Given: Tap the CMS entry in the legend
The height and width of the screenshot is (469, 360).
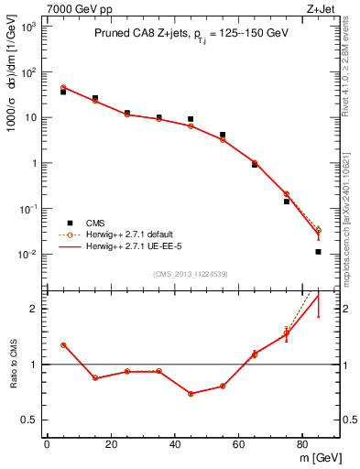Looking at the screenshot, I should [x=94, y=223].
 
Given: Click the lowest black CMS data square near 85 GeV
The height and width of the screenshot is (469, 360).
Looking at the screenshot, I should [x=318, y=251].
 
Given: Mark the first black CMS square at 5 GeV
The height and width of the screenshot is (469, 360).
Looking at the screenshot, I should [x=63, y=92].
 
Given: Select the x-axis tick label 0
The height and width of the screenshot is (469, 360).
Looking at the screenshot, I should [x=47, y=444].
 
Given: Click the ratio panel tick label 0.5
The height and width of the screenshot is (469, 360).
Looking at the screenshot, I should [x=28, y=420].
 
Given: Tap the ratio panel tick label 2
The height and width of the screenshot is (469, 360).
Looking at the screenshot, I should [x=34, y=309].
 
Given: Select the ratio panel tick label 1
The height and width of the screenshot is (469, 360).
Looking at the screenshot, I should [x=34, y=365].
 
